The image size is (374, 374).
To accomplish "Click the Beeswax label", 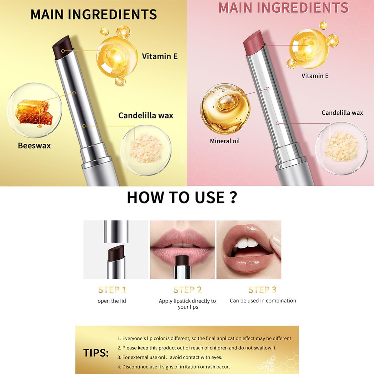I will point(34,146).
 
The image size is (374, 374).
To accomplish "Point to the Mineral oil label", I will point(225,141).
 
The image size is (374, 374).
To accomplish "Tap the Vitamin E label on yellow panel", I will point(160,56).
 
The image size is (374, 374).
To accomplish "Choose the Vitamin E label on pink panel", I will point(315,76).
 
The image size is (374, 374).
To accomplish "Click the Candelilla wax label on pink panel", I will point(342,113).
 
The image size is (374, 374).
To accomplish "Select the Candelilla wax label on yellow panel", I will point(146,115).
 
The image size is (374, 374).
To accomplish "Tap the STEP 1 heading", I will point(112,290).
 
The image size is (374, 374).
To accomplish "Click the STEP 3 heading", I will point(262,290).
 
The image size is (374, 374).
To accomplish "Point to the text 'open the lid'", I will point(112,301).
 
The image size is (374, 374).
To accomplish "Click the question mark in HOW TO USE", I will point(233,198).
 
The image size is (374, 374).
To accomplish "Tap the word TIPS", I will point(96,353).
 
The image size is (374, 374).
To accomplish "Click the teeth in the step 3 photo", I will point(246,243).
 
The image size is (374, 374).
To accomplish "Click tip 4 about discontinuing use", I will point(173,367).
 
